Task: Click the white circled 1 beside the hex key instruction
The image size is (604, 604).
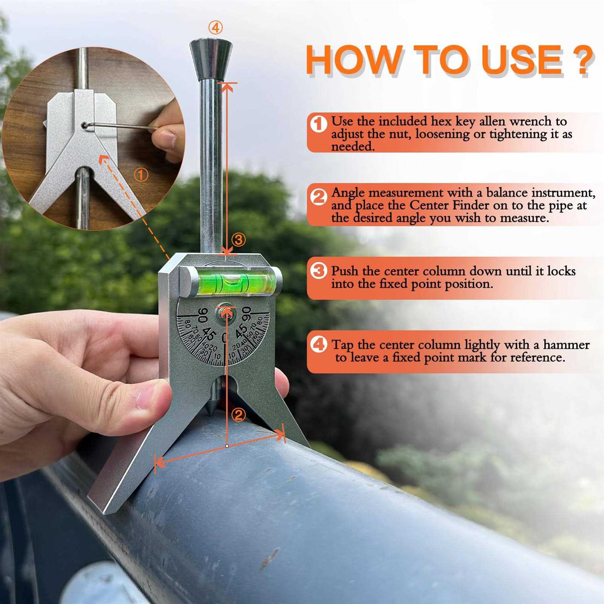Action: pos(319,124)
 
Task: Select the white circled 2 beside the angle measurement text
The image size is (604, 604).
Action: pos(319,197)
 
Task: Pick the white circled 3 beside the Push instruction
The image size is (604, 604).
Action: pos(319,271)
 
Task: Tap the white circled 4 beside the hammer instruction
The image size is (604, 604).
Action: pos(319,344)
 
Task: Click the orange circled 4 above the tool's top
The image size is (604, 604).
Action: pos(215,28)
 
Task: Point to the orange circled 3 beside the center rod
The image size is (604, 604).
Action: pos(238,240)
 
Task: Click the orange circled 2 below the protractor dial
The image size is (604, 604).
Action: pos(238,414)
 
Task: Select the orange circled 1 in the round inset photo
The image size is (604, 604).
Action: pos(141,175)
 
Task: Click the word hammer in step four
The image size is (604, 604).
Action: pos(566,345)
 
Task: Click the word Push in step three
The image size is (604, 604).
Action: pos(345,271)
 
